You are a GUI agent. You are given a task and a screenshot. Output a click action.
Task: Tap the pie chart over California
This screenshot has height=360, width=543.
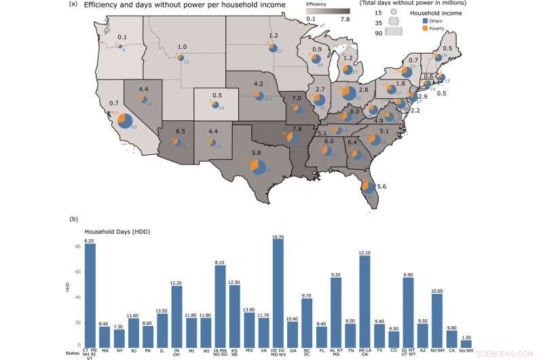(126, 122)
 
